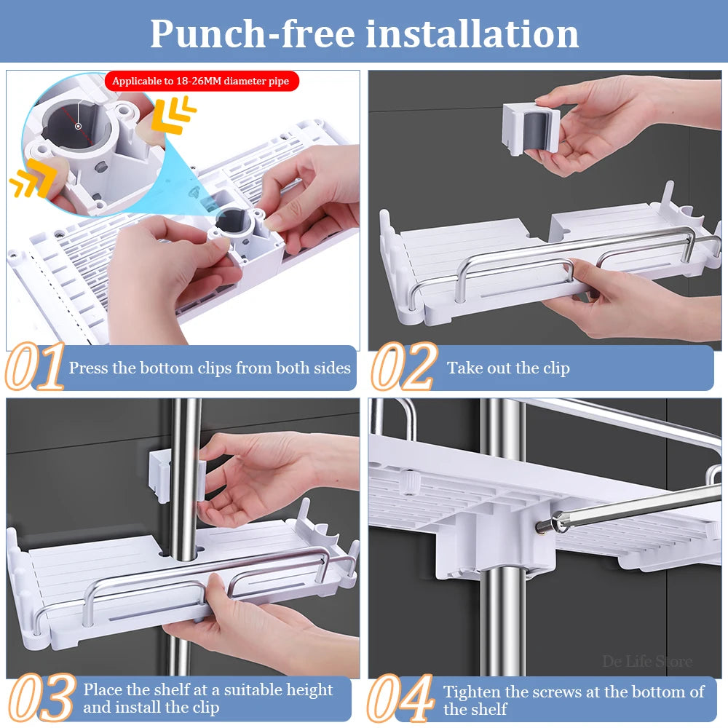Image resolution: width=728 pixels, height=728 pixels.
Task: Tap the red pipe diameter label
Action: pos(201,81)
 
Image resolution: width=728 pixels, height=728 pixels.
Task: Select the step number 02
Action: pos(403,368)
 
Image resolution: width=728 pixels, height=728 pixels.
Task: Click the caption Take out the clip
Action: pos(508,368)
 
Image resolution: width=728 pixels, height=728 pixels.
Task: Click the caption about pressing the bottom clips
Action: pos(210,368)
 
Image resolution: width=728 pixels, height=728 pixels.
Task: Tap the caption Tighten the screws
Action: pos(574,700)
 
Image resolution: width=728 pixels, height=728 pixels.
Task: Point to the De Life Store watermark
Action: pos(647,662)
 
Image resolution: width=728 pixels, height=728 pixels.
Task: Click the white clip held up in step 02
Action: pos(530,128)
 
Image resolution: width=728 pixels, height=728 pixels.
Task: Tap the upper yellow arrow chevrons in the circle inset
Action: pos(175,116)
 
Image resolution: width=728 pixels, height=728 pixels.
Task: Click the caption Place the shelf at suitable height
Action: pos(207,697)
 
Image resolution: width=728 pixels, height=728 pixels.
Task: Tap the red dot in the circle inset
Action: pos(78,126)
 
